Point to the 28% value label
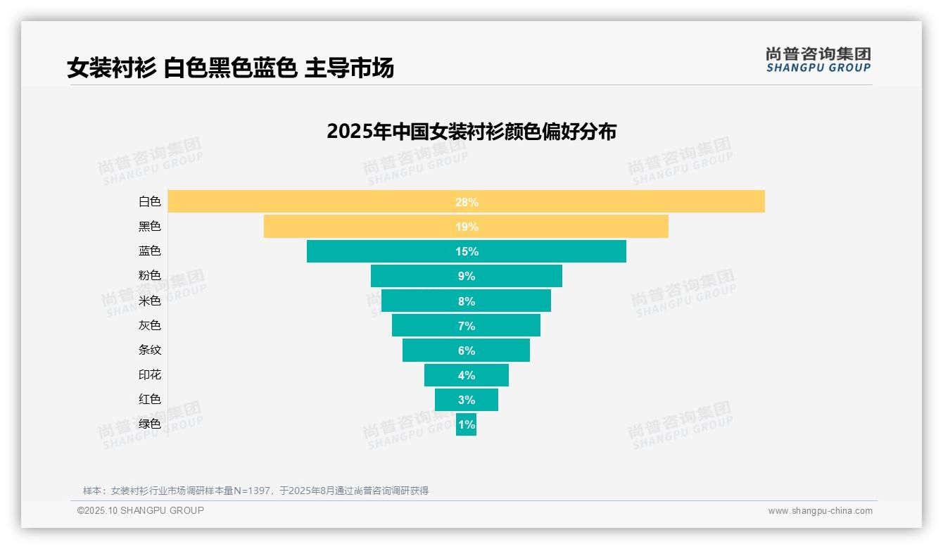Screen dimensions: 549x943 (x=466, y=202)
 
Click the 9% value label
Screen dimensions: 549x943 (x=466, y=276)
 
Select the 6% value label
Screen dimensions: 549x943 (x=466, y=351)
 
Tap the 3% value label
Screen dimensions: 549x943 (x=466, y=400)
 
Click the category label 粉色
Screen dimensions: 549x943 (x=149, y=276)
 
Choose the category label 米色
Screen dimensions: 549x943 (x=149, y=301)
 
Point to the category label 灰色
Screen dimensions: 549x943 (x=149, y=325)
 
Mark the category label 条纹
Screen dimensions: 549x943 (x=149, y=350)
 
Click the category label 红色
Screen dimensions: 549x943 (x=149, y=399)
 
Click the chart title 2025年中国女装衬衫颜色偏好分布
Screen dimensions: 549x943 (x=471, y=132)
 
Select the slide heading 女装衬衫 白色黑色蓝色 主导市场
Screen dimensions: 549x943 (x=230, y=68)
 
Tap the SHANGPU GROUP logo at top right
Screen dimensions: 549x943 (x=818, y=60)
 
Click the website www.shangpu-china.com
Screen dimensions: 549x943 (x=820, y=511)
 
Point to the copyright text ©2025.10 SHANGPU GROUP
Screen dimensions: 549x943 (x=140, y=510)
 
